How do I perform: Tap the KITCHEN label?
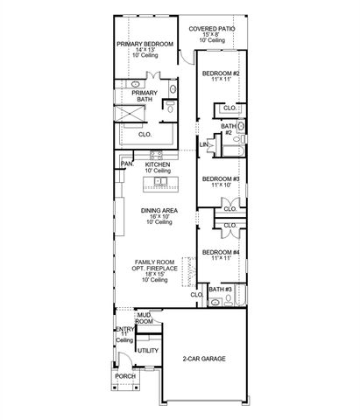pos(157,163)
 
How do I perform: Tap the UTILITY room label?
pos(148,350)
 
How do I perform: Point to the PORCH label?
pos(124,376)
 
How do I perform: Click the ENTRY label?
pos(124,329)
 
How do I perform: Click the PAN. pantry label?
pos(127,163)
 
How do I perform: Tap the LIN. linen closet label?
pos(203,144)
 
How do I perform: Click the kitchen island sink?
pos(158,182)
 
